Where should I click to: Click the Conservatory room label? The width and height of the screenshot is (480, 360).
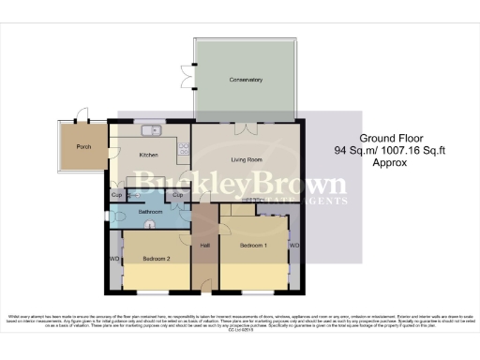point(247,80)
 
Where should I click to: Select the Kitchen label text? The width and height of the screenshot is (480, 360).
point(149,155)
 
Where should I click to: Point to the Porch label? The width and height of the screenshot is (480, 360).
point(82,145)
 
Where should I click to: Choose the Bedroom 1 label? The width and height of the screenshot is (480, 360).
point(253,246)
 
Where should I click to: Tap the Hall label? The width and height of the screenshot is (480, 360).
point(204,246)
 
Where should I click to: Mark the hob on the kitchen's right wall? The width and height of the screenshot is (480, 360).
point(186,147)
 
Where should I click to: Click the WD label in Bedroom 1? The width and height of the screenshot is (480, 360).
point(292,246)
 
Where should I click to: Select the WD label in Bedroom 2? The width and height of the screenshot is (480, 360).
point(114,259)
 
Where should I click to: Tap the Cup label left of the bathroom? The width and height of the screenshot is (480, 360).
point(116,194)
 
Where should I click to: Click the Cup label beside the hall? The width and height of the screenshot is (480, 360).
point(177,194)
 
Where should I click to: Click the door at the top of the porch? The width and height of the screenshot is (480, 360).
point(82,117)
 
